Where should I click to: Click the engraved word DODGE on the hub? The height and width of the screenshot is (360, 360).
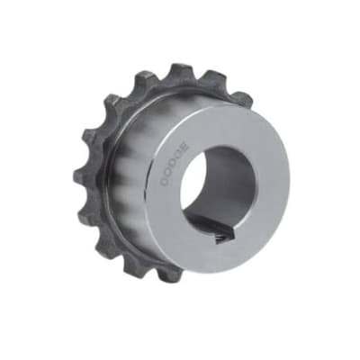(175, 165)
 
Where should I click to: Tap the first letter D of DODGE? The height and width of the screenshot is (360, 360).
(165, 182)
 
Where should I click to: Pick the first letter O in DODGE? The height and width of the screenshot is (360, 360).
(168, 174)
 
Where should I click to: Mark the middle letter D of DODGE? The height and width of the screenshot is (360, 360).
(174, 165)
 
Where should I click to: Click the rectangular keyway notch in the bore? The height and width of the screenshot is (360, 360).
(223, 234)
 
